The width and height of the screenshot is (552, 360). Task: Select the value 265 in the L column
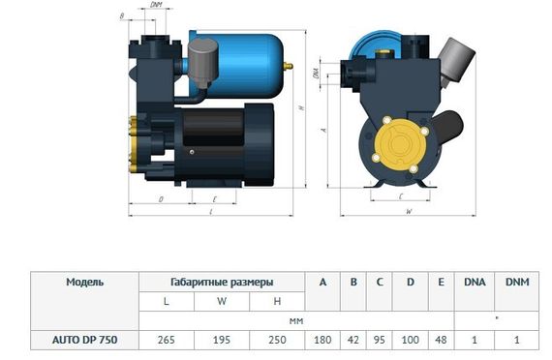tap(167, 339)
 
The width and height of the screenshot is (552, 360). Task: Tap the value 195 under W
tap(222, 339)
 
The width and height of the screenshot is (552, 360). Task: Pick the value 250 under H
tap(277, 339)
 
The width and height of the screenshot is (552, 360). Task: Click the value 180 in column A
tap(322, 339)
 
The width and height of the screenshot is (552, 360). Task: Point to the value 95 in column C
tap(382, 339)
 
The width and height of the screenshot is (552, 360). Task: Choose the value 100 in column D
tap(411, 339)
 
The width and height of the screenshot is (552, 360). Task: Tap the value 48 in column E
tap(441, 339)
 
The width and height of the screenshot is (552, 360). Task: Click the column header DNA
tap(475, 283)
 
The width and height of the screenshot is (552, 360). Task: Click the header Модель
tap(84, 283)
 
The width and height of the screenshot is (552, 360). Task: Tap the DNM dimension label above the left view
tap(157, 7)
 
